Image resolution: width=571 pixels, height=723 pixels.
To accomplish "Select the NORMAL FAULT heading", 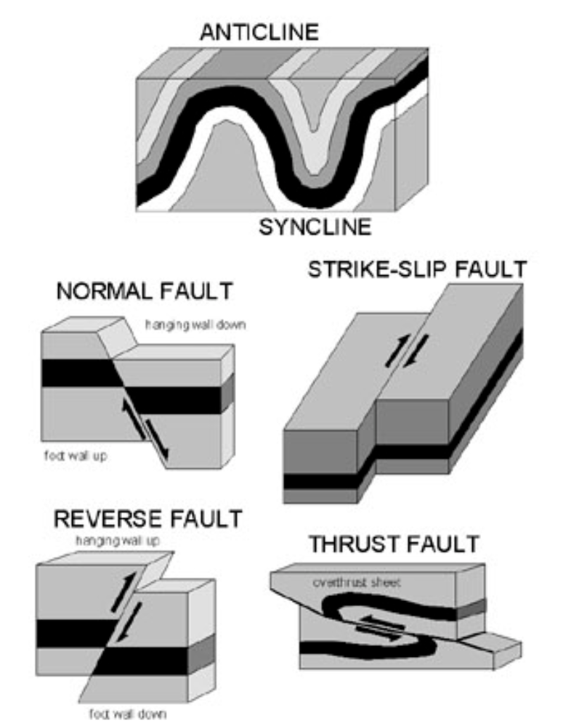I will pyautogui.click(x=145, y=292).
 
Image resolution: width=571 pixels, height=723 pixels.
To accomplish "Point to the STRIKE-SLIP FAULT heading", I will pyautogui.click(x=416, y=269).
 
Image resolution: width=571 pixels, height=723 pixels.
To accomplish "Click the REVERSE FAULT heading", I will pyautogui.click(x=148, y=519).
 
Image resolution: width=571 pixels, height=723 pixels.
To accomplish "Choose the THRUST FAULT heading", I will pyautogui.click(x=394, y=544).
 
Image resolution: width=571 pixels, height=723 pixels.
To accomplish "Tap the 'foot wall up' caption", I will pyautogui.click(x=76, y=458).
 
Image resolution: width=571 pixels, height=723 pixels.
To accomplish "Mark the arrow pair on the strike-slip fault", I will pyautogui.click(x=401, y=349).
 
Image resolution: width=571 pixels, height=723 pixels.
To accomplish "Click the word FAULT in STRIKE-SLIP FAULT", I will pyautogui.click(x=489, y=269).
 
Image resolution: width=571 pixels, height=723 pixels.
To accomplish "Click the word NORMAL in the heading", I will pyautogui.click(x=103, y=292).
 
